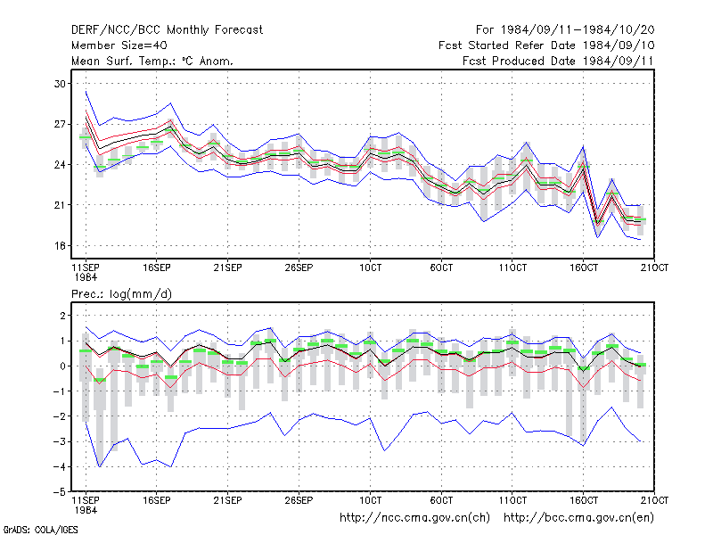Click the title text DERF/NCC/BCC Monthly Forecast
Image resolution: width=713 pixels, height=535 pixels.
(167, 30)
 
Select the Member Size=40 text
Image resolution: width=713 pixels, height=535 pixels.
(119, 45)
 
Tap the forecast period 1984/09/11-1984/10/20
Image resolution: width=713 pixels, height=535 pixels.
(578, 30)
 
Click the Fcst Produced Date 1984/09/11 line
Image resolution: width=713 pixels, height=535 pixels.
(558, 61)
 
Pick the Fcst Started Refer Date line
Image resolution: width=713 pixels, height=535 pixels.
(546, 45)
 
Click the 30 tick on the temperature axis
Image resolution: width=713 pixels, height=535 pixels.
(60, 84)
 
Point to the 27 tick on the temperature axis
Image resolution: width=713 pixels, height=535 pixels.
(60, 124)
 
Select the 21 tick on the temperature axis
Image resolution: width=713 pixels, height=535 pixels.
(60, 205)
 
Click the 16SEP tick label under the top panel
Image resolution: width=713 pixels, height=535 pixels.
(157, 267)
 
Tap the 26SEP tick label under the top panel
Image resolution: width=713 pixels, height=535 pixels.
(299, 267)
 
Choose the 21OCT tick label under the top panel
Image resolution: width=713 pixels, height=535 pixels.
(654, 267)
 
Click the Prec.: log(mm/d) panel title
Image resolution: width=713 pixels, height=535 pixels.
(121, 294)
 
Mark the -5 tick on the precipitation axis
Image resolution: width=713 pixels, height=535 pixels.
(60, 492)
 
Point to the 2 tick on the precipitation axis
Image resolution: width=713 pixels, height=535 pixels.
(62, 316)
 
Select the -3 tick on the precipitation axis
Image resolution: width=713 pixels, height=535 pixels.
(60, 441)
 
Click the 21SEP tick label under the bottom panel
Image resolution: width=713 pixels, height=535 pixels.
(228, 500)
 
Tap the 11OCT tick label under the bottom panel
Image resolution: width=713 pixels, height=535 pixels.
(512, 500)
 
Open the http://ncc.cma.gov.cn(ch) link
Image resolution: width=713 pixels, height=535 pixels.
(414, 518)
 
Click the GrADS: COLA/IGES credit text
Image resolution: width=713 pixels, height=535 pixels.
(40, 530)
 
